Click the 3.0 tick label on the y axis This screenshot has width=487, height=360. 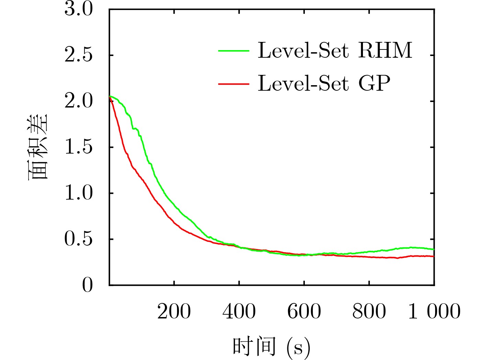pos(79,9)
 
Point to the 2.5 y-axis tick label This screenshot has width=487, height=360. pos(79,55)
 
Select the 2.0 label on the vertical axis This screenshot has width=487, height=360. pos(79,101)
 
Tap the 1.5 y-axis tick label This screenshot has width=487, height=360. pos(79,147)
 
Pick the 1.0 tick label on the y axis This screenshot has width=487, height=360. pos(79,193)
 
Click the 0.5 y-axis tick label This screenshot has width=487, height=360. pos(79,239)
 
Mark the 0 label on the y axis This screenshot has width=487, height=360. pos(87,285)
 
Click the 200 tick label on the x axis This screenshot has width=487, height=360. pos(174,311)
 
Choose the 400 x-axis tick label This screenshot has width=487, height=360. pos(239,311)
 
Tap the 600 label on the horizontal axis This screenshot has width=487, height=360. pos(304,311)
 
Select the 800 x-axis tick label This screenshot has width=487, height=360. pos(369,311)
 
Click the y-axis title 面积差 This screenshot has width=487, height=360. pos(37,147)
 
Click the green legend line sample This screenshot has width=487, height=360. pos(234,51)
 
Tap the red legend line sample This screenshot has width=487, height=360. pos(234,84)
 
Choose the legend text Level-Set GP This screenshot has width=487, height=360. pos(324,83)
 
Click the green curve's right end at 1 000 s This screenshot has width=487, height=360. pos(434,249)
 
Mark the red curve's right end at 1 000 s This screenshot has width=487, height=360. pos(434,256)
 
